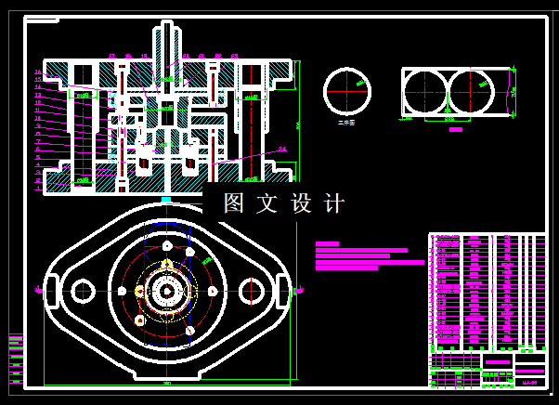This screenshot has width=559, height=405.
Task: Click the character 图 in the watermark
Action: coord(233,203)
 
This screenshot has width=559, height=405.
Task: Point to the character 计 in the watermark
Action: coord(335,203)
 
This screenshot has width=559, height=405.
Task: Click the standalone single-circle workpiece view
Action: coord(346,91)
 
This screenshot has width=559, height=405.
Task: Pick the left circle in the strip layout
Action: coord(425,93)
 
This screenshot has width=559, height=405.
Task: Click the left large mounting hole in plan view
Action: coord(84,292)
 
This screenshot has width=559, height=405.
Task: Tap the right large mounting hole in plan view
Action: coord(252,292)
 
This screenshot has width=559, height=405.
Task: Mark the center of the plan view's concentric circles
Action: coord(167,292)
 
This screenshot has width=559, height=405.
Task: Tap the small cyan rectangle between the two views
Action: coord(166,199)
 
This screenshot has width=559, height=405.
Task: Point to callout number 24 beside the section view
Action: coord(282,149)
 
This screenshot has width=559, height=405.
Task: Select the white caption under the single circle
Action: coord(346,122)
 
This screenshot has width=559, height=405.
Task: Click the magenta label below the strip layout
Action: coord(455,130)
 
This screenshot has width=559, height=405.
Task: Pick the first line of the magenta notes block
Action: coord(327,243)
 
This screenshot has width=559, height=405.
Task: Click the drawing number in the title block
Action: coord(530,381)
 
